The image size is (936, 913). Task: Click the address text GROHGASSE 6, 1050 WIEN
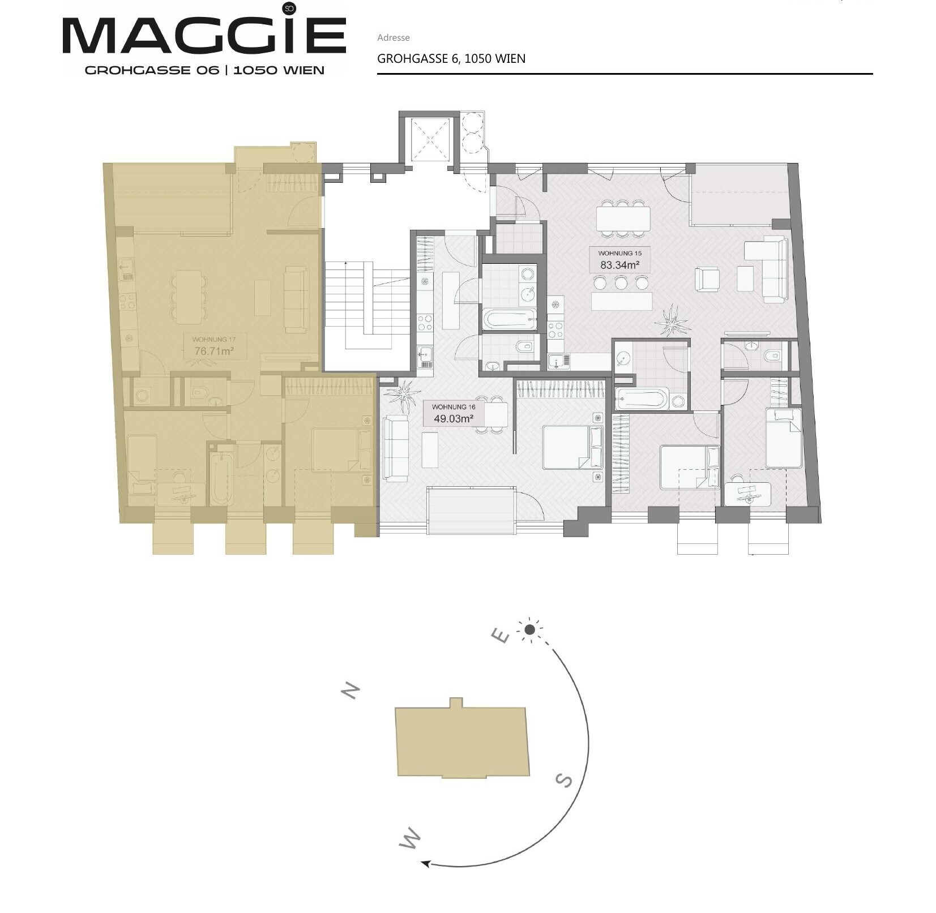(451, 59)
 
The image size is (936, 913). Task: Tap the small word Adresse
(393, 38)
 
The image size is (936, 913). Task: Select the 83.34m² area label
(620, 265)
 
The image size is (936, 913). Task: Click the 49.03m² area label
(454, 419)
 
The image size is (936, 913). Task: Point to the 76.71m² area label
(214, 351)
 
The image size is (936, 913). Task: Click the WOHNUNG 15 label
(620, 254)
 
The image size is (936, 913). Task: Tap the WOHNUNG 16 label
(454, 407)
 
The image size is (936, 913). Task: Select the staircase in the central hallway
(367, 306)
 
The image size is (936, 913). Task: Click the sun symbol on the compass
(530, 629)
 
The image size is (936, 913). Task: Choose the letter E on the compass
(501, 636)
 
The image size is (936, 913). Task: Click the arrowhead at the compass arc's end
(426, 864)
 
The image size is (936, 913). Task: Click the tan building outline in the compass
(462, 738)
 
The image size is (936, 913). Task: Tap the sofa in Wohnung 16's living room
(396, 449)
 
